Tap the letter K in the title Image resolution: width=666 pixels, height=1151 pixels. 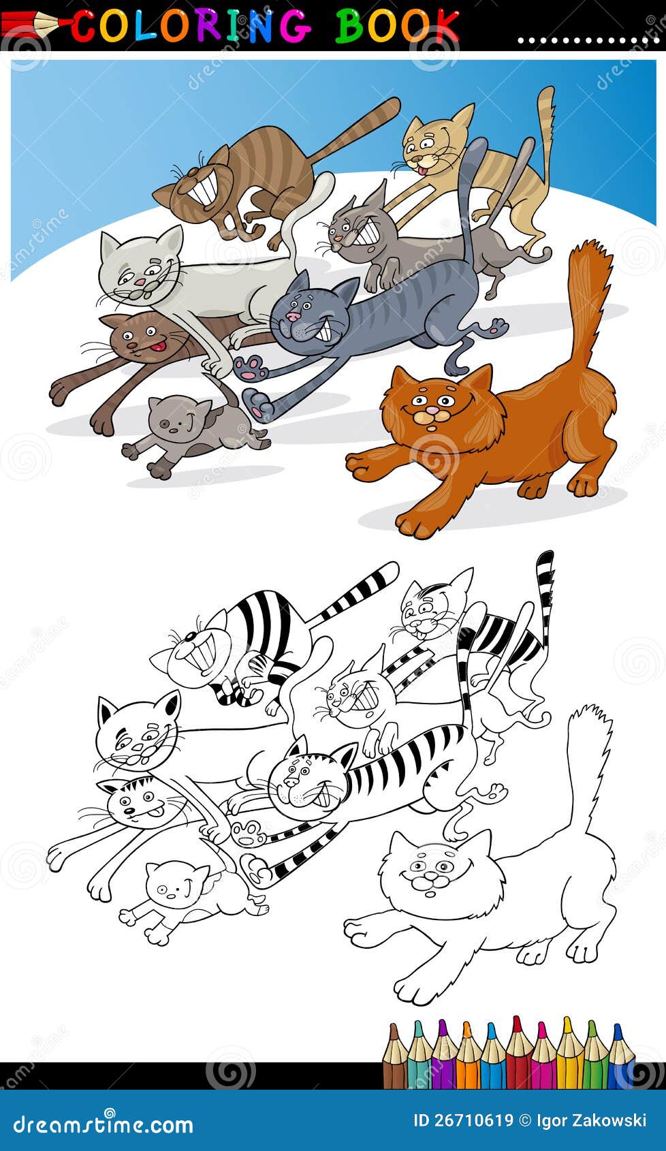pos(444,25)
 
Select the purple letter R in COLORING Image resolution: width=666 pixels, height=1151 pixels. pos(204,25)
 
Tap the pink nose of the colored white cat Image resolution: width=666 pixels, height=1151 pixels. pos(139,281)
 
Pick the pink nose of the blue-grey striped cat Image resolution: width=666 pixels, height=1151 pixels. pos(294,317)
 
